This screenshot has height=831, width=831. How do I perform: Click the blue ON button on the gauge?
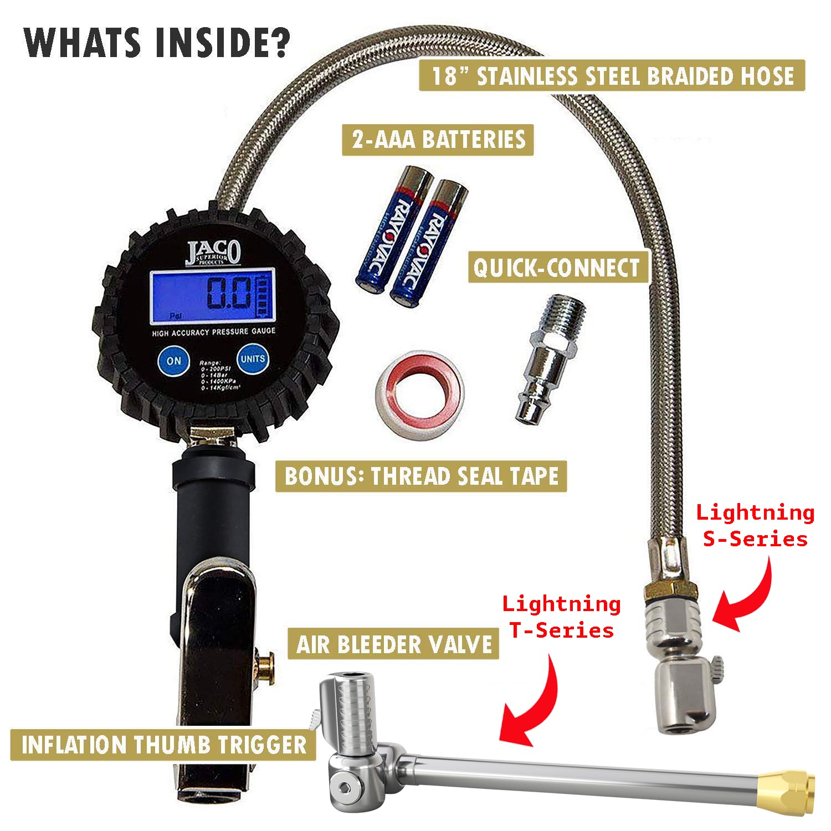tap(173, 361)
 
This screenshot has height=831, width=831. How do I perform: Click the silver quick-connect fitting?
tap(546, 360)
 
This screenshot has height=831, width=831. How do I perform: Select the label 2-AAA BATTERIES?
tap(438, 139)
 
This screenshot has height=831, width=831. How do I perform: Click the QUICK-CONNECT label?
tap(557, 268)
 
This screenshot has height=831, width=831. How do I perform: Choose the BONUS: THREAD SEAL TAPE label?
tap(421, 476)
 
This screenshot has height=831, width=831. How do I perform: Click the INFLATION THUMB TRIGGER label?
tap(163, 745)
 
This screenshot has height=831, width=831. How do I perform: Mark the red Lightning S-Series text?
tap(755, 525)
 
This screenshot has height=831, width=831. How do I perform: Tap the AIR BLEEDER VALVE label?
tap(394, 644)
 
